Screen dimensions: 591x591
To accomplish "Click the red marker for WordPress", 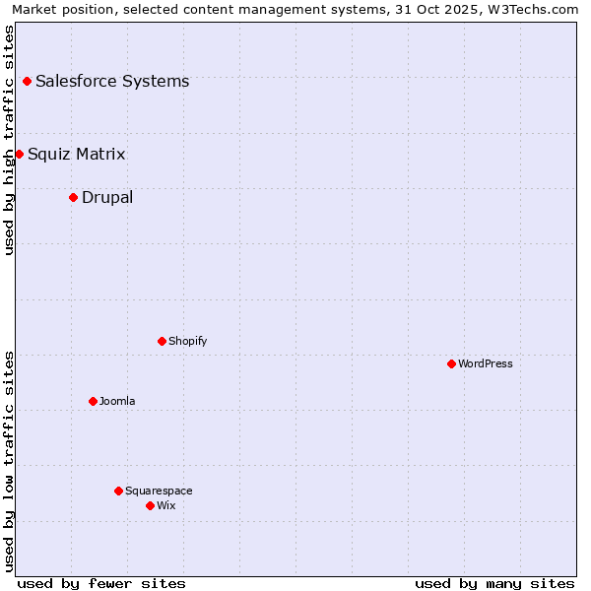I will click(451, 363).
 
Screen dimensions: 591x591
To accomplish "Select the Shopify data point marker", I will click(162, 341).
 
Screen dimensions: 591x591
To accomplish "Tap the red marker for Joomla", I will click(93, 401).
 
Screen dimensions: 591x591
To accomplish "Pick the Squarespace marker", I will click(118, 491).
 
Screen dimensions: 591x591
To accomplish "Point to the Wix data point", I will click(150, 505).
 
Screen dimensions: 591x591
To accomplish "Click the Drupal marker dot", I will click(73, 197).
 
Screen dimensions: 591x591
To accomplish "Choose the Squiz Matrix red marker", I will click(19, 154).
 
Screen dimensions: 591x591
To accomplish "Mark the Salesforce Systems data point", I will click(27, 81).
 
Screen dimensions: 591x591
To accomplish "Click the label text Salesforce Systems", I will click(112, 81).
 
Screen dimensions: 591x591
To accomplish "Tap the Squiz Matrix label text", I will click(77, 154).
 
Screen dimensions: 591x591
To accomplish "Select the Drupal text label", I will click(107, 197).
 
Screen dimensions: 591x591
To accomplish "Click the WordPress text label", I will click(486, 363).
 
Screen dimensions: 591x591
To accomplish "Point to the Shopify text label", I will click(188, 341).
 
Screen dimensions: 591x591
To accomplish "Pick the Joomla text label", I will click(117, 401).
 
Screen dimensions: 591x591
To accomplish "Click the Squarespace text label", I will click(159, 491).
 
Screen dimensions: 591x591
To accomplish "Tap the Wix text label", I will click(166, 505).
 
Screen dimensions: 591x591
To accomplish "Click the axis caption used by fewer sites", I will click(101, 583).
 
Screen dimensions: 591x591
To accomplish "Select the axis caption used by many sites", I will click(494, 583).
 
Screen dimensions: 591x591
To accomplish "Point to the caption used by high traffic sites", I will click(10, 140).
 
